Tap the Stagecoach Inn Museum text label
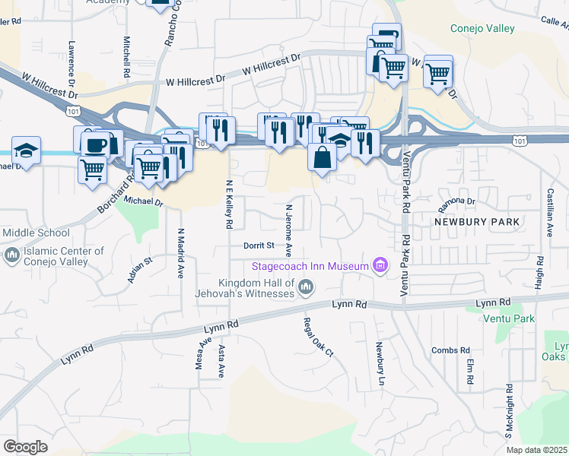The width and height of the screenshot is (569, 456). (310, 265)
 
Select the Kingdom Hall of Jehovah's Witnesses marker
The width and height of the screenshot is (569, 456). (306, 287)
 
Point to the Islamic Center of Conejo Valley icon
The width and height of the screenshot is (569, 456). (11, 256)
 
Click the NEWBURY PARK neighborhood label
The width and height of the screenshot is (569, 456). (477, 222)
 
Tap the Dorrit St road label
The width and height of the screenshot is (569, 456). (258, 245)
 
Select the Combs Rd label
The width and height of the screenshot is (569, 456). (450, 350)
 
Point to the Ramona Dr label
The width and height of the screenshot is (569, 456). (456, 205)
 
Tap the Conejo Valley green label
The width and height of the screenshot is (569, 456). (482, 29)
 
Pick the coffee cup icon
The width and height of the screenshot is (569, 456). (96, 144)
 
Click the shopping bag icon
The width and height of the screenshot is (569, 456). (322, 157)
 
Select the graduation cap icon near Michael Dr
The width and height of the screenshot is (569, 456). (26, 150)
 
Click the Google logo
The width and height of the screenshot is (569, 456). (25, 446)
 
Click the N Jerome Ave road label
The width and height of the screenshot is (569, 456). (288, 229)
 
